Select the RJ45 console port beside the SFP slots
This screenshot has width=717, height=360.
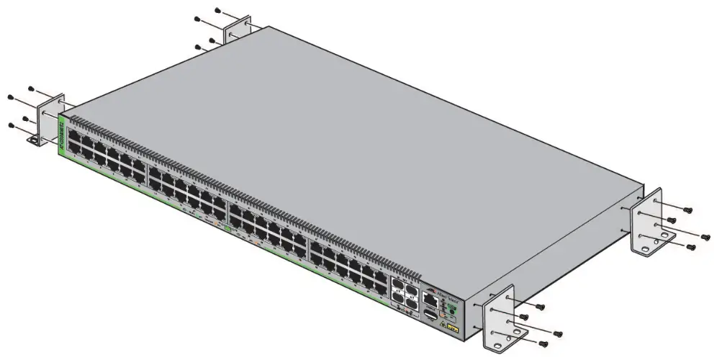429,297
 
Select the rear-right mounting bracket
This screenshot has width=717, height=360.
647,220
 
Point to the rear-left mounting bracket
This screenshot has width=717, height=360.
238,35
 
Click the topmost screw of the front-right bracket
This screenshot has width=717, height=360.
540,307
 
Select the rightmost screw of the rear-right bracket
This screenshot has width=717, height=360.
707,234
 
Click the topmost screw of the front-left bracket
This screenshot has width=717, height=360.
31,89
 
